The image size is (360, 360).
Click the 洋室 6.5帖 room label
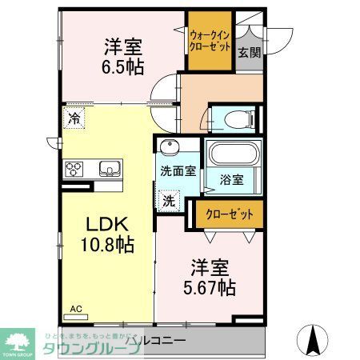pyautogui.click(x=122, y=56)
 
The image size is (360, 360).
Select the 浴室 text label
pyautogui.click(x=232, y=180)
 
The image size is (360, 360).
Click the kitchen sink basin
pyautogui.click(x=107, y=169)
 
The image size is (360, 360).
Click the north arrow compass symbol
pyautogui.click(x=314, y=339)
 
